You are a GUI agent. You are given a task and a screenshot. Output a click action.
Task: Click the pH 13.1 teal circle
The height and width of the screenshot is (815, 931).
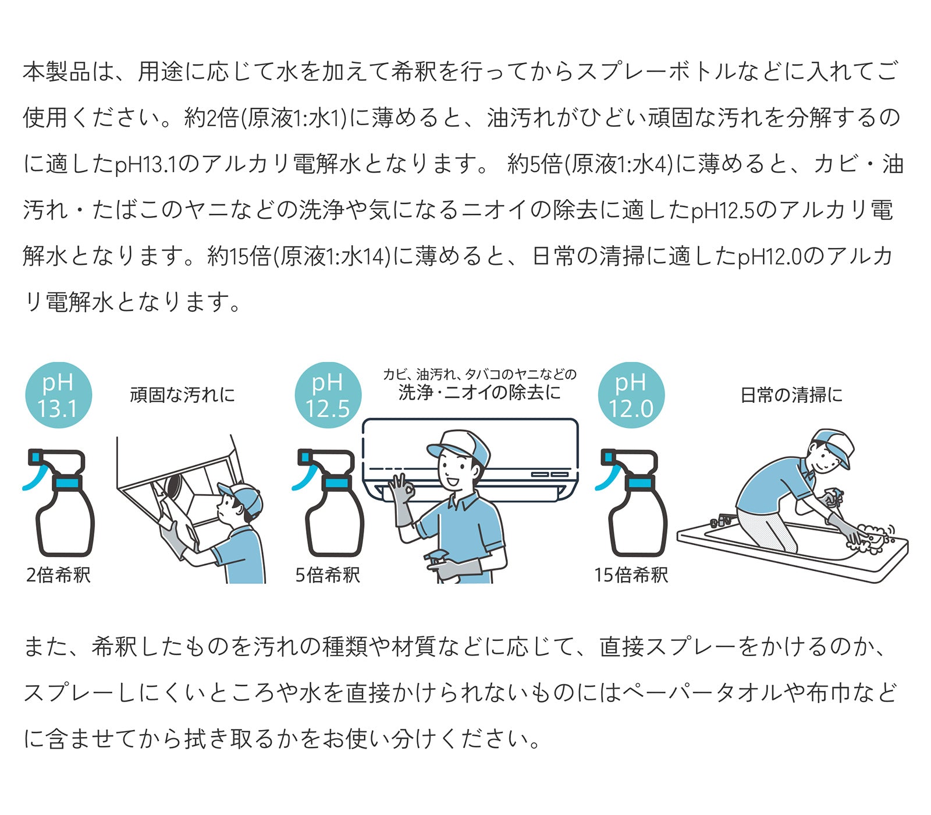(x=58, y=395)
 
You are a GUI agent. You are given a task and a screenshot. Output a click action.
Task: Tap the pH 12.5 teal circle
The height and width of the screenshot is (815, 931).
(x=328, y=395)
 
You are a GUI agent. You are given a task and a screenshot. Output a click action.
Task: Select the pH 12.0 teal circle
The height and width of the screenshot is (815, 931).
(x=631, y=395)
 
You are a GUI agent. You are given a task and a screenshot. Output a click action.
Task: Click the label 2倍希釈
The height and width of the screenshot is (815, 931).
(x=58, y=575)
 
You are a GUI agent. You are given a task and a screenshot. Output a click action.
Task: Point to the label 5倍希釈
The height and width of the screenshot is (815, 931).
(x=328, y=575)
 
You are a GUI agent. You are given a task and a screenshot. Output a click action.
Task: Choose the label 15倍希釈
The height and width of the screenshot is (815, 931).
(x=631, y=575)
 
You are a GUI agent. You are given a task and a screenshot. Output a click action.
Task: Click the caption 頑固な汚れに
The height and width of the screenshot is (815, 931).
(x=183, y=395)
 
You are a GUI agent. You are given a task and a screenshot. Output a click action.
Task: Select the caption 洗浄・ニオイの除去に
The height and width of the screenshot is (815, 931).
(x=479, y=392)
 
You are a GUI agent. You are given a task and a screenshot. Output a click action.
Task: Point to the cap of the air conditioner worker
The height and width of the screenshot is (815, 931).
(x=459, y=446)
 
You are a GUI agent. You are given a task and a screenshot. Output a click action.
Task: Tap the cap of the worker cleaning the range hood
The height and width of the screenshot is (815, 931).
(x=243, y=498)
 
